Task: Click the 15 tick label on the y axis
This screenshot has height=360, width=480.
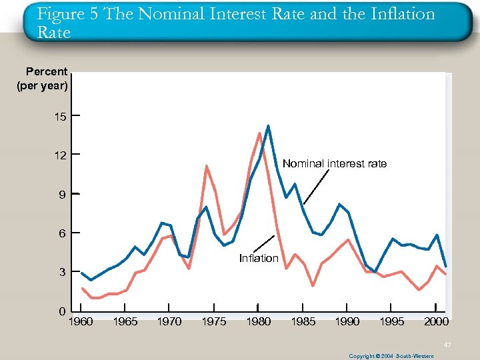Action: (61, 117)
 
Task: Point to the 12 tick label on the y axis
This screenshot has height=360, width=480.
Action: (61, 155)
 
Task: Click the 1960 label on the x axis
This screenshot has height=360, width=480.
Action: (81, 322)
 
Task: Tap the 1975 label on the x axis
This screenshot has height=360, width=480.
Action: (214, 322)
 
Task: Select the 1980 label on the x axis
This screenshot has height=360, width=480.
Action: (258, 322)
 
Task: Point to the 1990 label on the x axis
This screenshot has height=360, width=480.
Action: (347, 322)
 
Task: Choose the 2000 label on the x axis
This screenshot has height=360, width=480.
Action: (436, 322)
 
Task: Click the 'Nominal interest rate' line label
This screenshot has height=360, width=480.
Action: (334, 163)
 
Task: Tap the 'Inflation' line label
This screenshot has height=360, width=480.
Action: (259, 259)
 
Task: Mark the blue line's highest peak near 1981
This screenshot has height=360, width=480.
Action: (268, 125)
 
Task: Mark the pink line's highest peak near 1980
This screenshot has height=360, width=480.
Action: (259, 133)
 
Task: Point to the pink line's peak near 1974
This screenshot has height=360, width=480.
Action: (207, 165)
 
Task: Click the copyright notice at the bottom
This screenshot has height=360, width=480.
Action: (391, 356)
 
